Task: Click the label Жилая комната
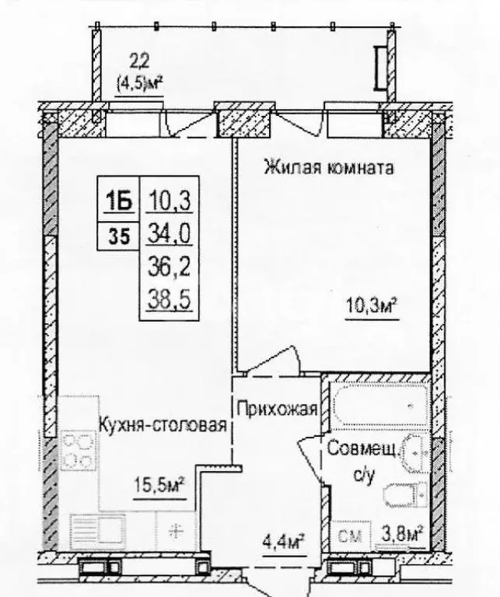pos(326,167)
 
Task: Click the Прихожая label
pos(275,408)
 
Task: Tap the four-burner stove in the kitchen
pos(78,454)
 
